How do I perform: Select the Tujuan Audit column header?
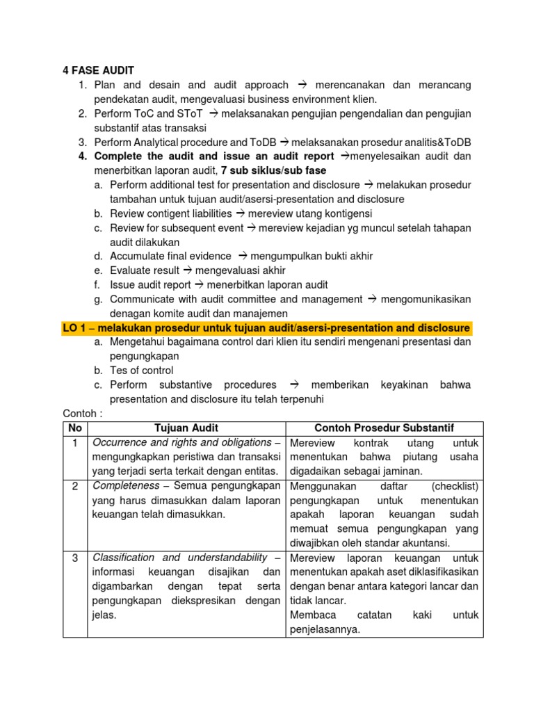click(x=185, y=428)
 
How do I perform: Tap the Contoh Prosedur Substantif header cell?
click(x=385, y=428)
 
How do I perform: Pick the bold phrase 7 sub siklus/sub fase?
click(x=273, y=170)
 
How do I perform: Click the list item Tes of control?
click(x=141, y=371)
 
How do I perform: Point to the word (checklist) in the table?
click(x=455, y=485)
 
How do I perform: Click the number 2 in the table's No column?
click(x=74, y=485)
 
